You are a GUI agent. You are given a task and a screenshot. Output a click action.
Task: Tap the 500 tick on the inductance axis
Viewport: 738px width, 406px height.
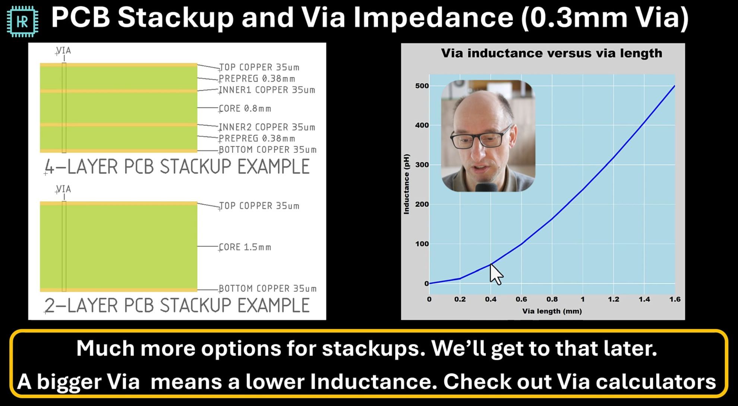[x=422, y=86]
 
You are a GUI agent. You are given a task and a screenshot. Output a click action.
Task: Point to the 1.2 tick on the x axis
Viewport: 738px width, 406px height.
[x=614, y=299]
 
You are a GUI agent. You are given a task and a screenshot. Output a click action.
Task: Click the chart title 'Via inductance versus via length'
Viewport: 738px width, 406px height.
[x=552, y=53]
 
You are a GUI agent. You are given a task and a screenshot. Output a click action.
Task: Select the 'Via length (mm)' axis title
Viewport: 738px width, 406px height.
[x=552, y=311]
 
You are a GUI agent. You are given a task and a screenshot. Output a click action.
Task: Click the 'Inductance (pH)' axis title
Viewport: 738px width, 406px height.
[x=407, y=184]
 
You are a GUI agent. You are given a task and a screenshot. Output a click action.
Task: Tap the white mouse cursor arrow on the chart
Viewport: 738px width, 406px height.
[x=496, y=274]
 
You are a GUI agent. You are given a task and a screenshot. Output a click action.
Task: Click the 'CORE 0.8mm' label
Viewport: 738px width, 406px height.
[x=245, y=109]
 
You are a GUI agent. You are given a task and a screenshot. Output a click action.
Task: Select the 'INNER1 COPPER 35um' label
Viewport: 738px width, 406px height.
[x=267, y=90]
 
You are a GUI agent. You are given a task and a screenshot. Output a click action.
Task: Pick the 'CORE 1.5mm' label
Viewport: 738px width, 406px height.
[x=245, y=247]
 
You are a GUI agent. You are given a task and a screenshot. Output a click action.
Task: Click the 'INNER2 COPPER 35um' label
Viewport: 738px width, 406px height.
[x=267, y=127]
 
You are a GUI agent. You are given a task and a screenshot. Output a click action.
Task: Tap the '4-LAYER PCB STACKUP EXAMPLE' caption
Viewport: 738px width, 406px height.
[x=177, y=166]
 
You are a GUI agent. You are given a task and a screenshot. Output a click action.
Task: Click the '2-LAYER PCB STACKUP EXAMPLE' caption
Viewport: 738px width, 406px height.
[x=177, y=305]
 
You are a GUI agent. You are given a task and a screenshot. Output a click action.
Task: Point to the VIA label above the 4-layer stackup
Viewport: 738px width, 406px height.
[x=63, y=50]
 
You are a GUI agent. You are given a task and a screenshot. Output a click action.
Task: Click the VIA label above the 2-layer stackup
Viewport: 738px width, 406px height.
[x=63, y=189]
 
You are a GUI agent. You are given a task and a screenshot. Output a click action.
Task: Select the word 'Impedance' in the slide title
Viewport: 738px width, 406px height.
[x=433, y=18]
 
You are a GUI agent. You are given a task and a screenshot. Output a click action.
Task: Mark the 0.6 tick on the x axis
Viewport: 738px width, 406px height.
[x=521, y=299]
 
